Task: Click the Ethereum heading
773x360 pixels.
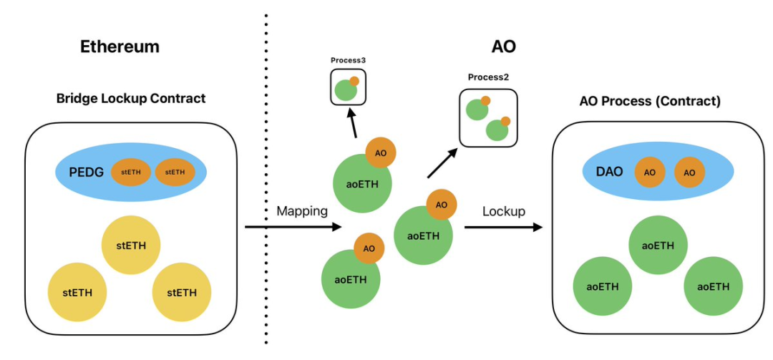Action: (x=120, y=47)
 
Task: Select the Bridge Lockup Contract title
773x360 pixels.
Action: (x=131, y=98)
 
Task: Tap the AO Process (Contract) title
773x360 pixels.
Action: (x=649, y=101)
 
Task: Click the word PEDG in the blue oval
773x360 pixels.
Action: (x=85, y=172)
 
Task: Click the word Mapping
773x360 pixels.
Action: (x=301, y=211)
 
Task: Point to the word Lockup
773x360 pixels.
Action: (x=504, y=211)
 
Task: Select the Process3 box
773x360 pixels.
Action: (x=348, y=88)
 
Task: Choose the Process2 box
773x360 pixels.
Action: (x=487, y=118)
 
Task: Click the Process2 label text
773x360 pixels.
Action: (x=487, y=77)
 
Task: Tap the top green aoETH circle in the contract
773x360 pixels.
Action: (x=658, y=245)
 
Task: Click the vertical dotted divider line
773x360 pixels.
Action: (x=266, y=179)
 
